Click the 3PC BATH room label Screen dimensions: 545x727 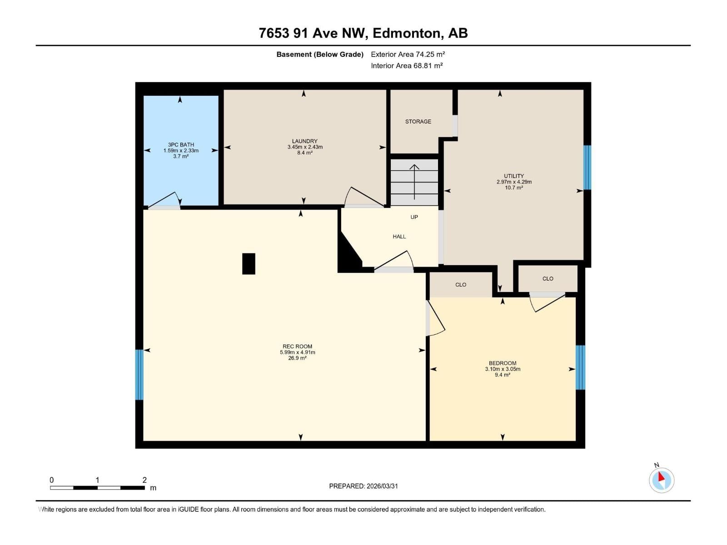pos(181,145)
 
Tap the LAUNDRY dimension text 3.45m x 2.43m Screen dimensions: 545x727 pos(305,147)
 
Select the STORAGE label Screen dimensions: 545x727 pos(418,122)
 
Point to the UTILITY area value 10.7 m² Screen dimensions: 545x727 pos(514,188)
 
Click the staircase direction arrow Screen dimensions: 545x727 pos(414,182)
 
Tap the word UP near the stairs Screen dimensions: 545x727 pos(414,217)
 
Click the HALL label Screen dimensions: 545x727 pos(399,237)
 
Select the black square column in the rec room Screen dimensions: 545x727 pos(249,264)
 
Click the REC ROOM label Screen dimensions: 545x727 pos(297,347)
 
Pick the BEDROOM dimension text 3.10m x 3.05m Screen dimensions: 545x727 pos(503,369)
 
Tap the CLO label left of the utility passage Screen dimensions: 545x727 pos(461,285)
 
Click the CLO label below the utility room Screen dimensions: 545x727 pos(548,279)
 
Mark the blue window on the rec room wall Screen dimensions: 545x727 pos(139,375)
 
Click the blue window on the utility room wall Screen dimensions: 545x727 pos(587,168)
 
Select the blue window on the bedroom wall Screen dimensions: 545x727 pos(580,367)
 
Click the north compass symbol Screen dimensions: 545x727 pos(661,480)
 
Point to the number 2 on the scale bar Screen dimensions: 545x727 pos(144,480)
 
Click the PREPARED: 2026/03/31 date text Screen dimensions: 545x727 pos(363,486)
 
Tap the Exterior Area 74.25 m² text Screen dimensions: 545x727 pos(408,54)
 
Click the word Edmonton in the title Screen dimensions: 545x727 pos(407,33)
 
